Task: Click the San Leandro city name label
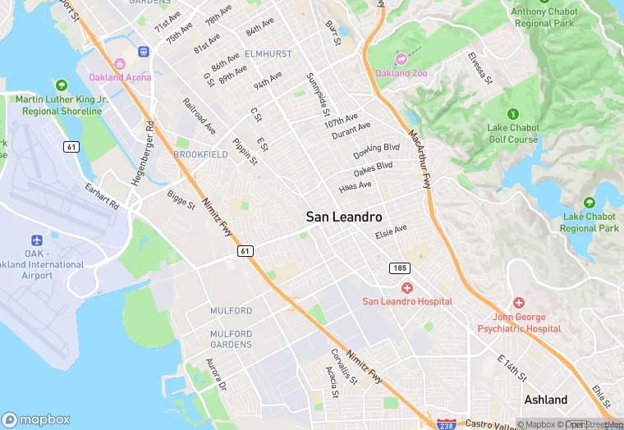pyautogui.click(x=344, y=217)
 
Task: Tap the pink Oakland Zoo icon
pyautogui.click(x=401, y=58)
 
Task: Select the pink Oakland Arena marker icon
pyautogui.click(x=120, y=64)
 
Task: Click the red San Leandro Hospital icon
pyautogui.click(x=407, y=287)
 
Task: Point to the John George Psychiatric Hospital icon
pyautogui.click(x=518, y=303)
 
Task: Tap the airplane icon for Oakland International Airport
pyautogui.click(x=37, y=240)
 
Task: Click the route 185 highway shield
pyautogui.click(x=399, y=268)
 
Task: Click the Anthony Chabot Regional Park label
pyautogui.click(x=545, y=17)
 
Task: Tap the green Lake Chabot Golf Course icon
pyautogui.click(x=513, y=113)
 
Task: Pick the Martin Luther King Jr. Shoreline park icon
pyautogui.click(x=62, y=85)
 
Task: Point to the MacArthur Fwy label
pyautogui.click(x=420, y=159)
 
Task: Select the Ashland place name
pyautogui.click(x=546, y=400)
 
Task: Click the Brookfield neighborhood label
pyautogui.click(x=200, y=154)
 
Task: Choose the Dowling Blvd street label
pyautogui.click(x=377, y=152)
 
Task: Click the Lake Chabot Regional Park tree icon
pyautogui.click(x=589, y=203)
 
